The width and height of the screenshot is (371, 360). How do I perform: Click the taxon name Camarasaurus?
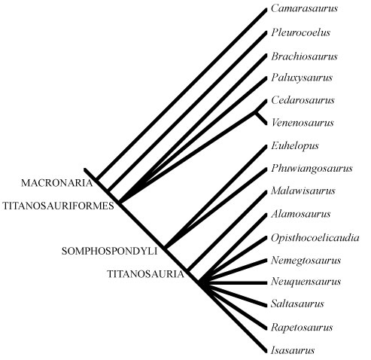coord(304,8)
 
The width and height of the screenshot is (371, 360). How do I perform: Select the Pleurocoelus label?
coord(300,32)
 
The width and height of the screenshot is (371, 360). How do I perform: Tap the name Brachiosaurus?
coord(304,56)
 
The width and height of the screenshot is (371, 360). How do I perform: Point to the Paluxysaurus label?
coord(302,78)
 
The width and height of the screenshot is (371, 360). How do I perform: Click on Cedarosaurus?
coord(303,100)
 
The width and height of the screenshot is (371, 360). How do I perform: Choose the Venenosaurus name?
coord(303,123)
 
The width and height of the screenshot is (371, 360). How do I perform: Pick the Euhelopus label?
coord(295,146)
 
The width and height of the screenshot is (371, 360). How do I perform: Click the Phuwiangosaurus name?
coord(312,169)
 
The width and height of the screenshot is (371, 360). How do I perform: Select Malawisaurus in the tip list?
coord(303,191)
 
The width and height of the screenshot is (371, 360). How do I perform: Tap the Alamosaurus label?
coord(301,214)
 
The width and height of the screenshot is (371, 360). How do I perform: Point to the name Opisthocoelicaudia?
coord(315,238)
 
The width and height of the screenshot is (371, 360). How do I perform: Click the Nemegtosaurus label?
coord(306,261)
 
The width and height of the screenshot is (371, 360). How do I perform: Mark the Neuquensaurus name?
coord(306,282)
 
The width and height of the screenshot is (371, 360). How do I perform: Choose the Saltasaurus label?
coord(297,304)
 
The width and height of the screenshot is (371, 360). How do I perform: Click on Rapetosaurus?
coord(302,328)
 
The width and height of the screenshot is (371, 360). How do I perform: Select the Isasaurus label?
coord(293,350)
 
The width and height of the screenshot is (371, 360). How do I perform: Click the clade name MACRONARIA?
coord(57,183)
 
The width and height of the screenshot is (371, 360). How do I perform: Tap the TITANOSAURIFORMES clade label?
coord(58,206)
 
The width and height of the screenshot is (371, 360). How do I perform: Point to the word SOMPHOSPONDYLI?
coord(109,251)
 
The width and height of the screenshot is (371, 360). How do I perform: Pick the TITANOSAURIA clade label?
coord(146,274)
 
